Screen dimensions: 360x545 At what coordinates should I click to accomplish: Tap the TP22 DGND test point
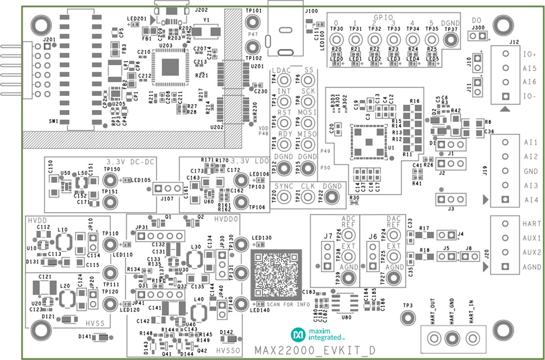332,197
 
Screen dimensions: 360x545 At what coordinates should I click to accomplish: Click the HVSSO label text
228,350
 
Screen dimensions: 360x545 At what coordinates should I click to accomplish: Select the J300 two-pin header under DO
478,37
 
